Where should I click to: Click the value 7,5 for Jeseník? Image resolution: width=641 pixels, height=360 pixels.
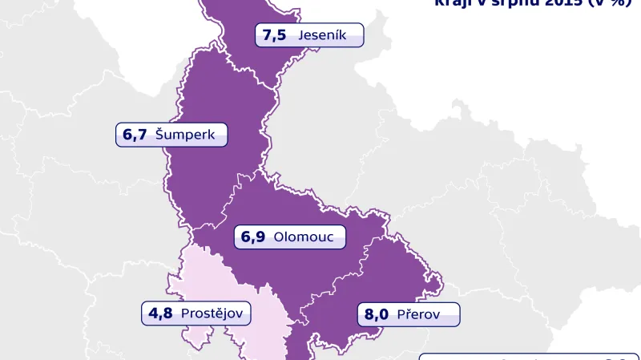[x=275, y=35]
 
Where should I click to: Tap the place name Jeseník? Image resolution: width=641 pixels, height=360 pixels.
[x=321, y=35]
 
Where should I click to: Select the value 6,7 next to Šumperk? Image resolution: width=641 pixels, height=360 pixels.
[x=135, y=135]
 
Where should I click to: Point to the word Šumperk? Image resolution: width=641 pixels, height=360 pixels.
[x=185, y=135]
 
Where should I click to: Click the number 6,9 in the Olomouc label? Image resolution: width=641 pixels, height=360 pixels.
[x=253, y=237]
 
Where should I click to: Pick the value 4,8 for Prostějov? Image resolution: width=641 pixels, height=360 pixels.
[x=161, y=313]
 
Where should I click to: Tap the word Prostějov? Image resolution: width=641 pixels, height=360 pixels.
[x=212, y=313]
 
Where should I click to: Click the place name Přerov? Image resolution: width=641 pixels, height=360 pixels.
[x=418, y=314]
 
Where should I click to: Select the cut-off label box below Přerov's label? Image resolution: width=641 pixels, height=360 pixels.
[x=529, y=356]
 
